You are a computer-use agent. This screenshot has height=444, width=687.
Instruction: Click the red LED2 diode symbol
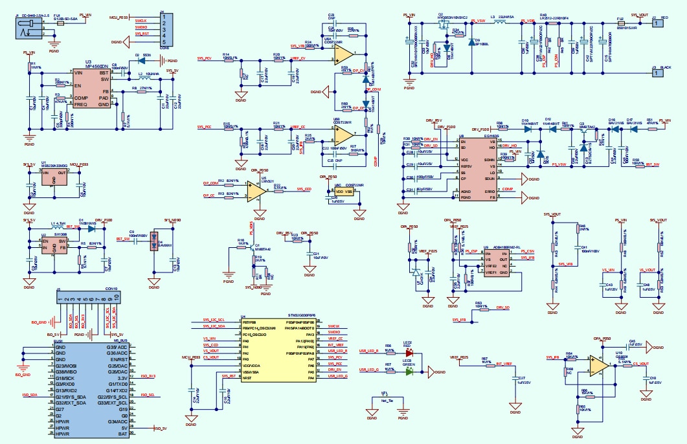click(409, 353)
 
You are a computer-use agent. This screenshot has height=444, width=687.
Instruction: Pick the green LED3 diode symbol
click(409, 372)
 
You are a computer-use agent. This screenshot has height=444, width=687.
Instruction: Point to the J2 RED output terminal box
click(659, 23)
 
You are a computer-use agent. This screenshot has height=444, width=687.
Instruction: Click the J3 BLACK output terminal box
click(659, 72)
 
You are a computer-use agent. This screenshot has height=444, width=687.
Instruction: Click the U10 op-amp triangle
click(598, 367)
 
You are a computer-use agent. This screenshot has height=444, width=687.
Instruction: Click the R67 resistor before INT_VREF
click(484, 364)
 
